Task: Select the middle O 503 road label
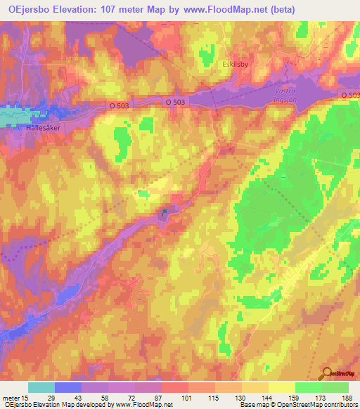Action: pyautogui.click(x=176, y=101)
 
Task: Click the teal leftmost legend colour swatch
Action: pyautogui.click(x=41, y=387)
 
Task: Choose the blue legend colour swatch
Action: pyautogui.click(x=68, y=387)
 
